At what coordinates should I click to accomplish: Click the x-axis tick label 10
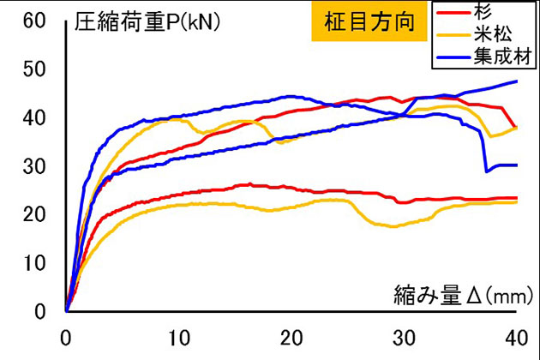pyautogui.click(x=178, y=335)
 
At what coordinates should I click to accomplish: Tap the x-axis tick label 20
pyautogui.click(x=291, y=335)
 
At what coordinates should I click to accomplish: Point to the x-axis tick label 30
pyautogui.click(x=403, y=335)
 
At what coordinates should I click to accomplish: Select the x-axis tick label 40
pyautogui.click(x=515, y=335)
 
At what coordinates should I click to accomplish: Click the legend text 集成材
pyautogui.click(x=503, y=57)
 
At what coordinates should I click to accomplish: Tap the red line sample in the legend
pyautogui.click(x=455, y=13)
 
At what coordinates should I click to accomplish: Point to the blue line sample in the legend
pyautogui.click(x=455, y=57)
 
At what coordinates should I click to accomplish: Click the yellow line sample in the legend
pyautogui.click(x=455, y=36)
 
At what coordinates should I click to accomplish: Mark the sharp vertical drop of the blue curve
pyautogui.click(x=484, y=150)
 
